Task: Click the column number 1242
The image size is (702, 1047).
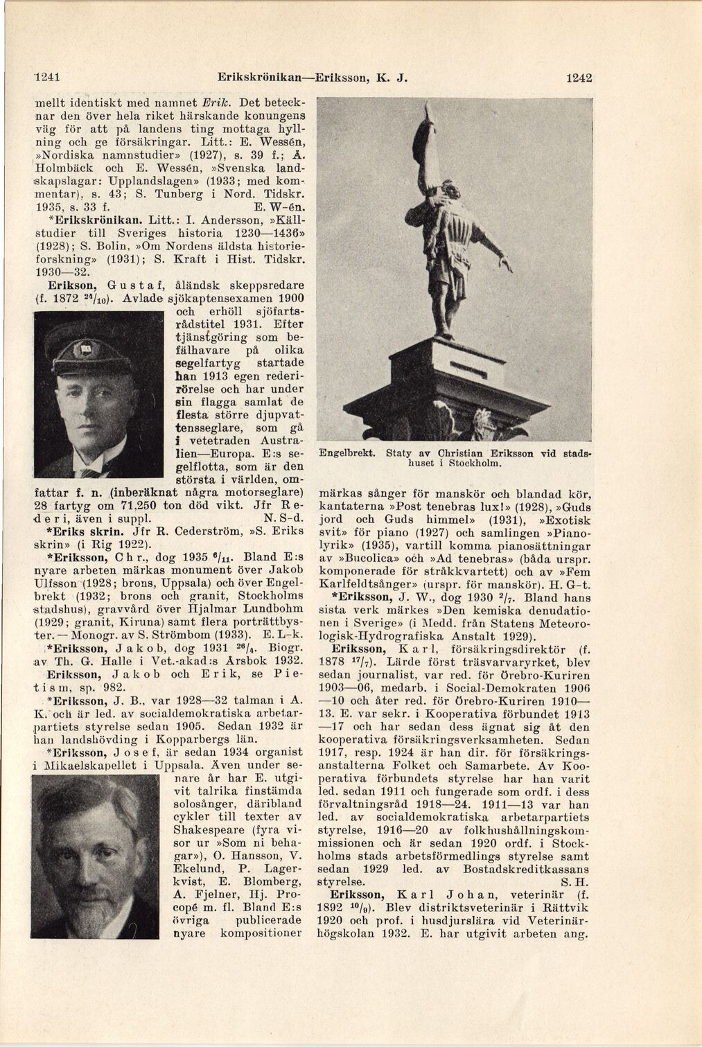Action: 579,78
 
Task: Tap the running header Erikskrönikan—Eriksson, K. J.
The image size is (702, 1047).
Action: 311,78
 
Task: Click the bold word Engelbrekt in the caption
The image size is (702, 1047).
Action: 346,452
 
